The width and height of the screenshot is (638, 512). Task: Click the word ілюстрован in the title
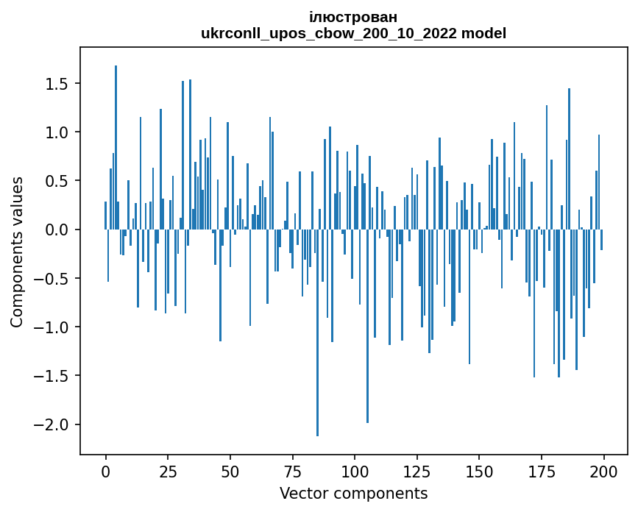[354, 17]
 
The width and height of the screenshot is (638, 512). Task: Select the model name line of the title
[354, 33]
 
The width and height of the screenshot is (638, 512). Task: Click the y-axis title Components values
[16, 252]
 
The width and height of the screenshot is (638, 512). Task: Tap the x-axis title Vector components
[354, 493]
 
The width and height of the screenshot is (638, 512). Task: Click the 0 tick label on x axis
[105, 470]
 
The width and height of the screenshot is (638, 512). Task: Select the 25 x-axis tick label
[168, 470]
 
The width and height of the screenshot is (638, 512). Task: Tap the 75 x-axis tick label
[292, 470]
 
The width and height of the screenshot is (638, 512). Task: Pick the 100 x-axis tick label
[355, 470]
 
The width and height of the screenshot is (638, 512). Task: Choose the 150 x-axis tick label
[479, 470]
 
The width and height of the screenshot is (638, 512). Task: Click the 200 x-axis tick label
[603, 470]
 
